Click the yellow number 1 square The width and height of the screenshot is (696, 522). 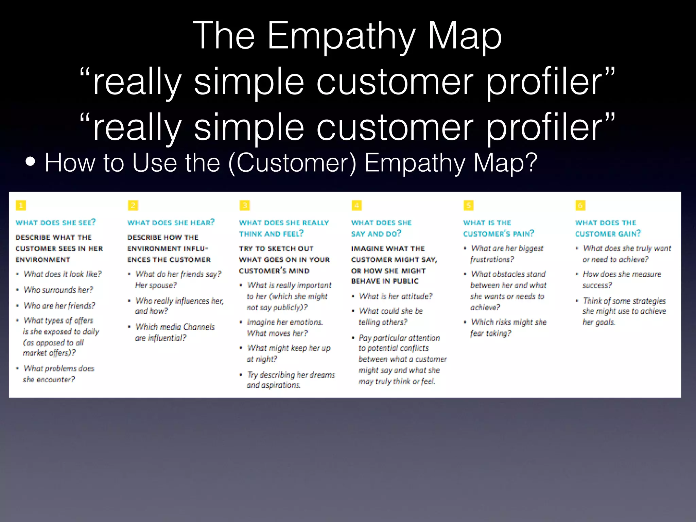(x=21, y=205)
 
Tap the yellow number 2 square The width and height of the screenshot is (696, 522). (x=133, y=205)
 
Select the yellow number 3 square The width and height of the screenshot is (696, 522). (x=245, y=205)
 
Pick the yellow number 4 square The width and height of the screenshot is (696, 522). (x=357, y=205)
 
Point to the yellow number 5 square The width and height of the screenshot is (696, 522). (x=469, y=205)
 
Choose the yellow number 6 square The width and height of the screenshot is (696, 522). (x=580, y=205)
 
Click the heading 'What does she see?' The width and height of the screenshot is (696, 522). (x=56, y=223)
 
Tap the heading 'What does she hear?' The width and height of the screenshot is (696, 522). (x=171, y=223)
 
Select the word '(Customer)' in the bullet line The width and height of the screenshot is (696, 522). (x=293, y=163)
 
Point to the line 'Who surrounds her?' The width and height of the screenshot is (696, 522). (x=58, y=290)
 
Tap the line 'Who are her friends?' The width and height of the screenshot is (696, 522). (x=59, y=306)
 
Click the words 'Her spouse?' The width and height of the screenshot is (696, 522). (x=156, y=285)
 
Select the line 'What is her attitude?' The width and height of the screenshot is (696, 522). (x=396, y=296)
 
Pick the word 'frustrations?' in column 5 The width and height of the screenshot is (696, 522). (x=492, y=260)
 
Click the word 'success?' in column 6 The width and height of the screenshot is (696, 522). (x=597, y=285)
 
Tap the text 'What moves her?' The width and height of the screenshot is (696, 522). (x=277, y=333)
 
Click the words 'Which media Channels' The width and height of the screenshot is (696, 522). (x=175, y=327)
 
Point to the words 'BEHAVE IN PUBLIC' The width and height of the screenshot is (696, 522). (x=385, y=281)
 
